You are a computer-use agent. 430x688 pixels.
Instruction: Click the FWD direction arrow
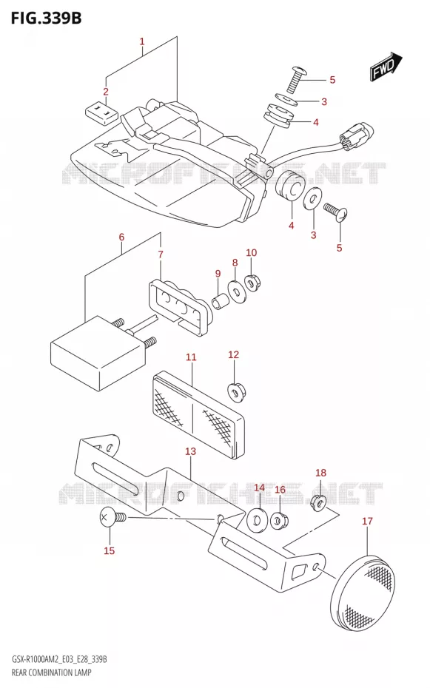coord(386,67)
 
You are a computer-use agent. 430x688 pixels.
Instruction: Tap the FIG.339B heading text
coord(46,18)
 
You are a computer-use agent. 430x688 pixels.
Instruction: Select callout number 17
coord(367,521)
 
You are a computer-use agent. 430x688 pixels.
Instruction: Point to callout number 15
coord(110,550)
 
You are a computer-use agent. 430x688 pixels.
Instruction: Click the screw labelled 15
coord(112,518)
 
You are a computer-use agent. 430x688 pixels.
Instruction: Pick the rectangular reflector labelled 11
coord(198,414)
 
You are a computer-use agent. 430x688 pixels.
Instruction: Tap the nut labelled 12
coord(237,391)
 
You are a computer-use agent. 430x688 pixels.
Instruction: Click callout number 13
coord(190,451)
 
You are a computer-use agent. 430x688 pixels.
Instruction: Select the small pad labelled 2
coord(101,110)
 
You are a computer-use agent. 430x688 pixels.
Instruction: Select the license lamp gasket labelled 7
coord(179,307)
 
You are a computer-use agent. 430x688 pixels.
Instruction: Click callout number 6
coord(121,237)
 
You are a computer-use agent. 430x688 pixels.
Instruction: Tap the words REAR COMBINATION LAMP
coord(51,672)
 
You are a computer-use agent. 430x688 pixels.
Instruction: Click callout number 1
coord(141,41)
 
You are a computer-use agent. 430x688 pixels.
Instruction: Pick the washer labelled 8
coord(237,291)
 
